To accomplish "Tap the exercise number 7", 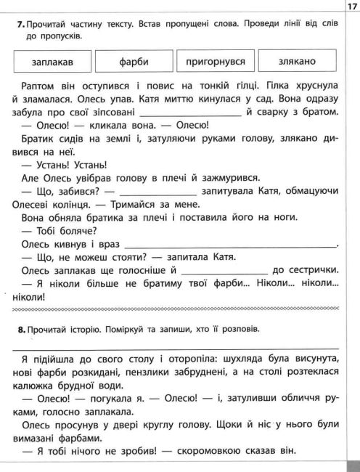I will (20, 24).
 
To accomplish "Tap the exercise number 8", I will (20, 328).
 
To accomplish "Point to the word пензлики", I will (160, 373).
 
